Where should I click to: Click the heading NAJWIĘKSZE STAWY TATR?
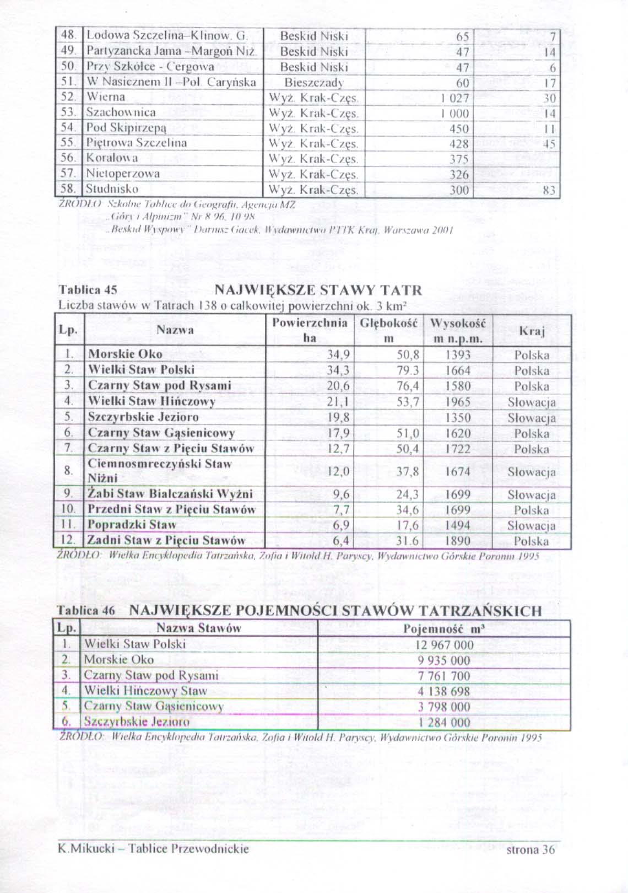coord(318,290)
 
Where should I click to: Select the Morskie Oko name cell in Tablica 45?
coord(125,354)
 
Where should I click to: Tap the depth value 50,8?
coord(408,355)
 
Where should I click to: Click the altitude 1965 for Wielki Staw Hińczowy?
coord(458,402)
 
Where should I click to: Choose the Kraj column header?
coord(532,331)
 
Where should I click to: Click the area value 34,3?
coord(339,370)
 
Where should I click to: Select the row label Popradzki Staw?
coord(132,525)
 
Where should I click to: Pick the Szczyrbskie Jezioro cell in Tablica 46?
coord(137,722)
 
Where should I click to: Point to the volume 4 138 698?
coord(444,691)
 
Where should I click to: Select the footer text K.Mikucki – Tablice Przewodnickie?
coord(154,864)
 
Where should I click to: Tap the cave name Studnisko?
coord(112,190)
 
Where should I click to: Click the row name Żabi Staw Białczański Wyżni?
coord(170,493)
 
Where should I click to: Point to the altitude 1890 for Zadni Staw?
coord(458,541)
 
